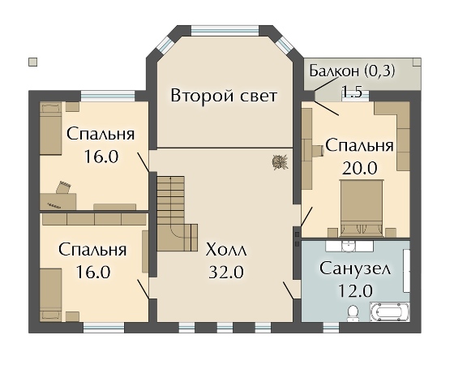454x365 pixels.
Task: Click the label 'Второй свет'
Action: [x=224, y=97]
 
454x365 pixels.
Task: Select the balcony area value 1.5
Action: [x=352, y=92]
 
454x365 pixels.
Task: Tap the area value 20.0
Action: [x=360, y=168]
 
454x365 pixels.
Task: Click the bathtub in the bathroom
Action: [x=390, y=312]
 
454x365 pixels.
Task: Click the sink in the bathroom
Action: [x=349, y=245]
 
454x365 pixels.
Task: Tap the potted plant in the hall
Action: [x=280, y=161]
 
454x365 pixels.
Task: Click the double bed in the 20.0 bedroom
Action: [x=362, y=207]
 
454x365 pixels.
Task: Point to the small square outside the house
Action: [x=32, y=60]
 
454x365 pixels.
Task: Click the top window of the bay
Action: [x=225, y=31]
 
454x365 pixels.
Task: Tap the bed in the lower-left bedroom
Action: [x=50, y=294]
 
